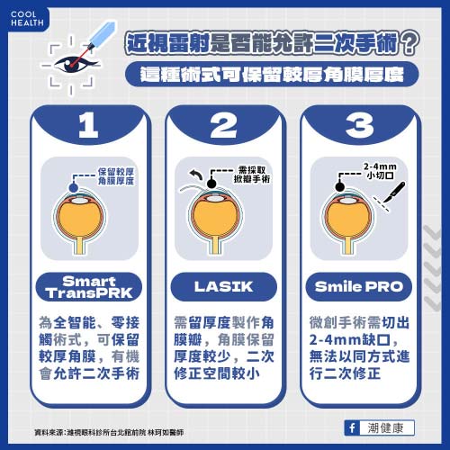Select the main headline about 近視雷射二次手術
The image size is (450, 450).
point(273,41)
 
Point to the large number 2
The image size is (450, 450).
point(226,127)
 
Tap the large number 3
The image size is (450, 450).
point(363,127)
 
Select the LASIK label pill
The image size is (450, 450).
point(225,288)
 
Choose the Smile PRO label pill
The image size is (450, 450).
point(363,288)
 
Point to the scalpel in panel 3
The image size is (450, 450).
point(395,192)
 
